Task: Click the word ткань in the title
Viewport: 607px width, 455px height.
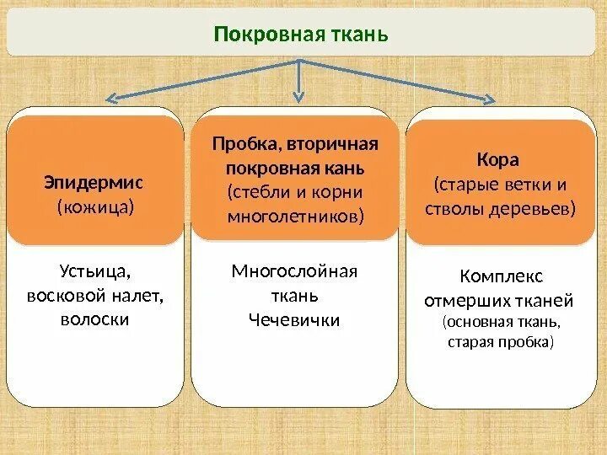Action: pyautogui.click(x=364, y=35)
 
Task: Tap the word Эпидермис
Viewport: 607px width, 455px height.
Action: pyautogui.click(x=94, y=181)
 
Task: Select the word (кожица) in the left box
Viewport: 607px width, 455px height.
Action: pyautogui.click(x=95, y=206)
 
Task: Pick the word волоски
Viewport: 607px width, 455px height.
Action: pyautogui.click(x=94, y=320)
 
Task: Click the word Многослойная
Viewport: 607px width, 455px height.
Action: pyautogui.click(x=294, y=271)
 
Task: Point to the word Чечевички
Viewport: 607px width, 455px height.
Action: pyautogui.click(x=294, y=320)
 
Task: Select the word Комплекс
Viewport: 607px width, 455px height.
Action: pyautogui.click(x=502, y=276)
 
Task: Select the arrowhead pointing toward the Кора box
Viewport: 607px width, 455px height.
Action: pyautogui.click(x=490, y=100)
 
